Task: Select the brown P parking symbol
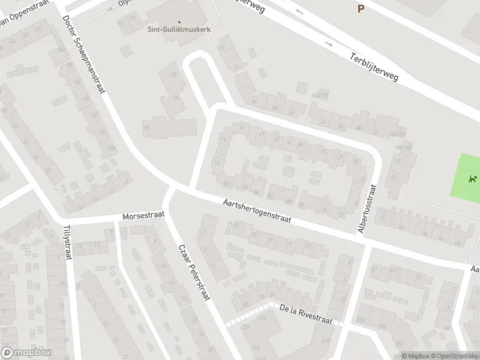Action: point(361,8)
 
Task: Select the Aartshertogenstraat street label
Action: point(256,212)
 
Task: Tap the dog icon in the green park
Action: point(472,178)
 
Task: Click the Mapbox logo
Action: point(26,353)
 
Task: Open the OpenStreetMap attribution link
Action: point(454,356)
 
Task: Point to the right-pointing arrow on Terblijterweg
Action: point(328,44)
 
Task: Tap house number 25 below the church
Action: point(175,74)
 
